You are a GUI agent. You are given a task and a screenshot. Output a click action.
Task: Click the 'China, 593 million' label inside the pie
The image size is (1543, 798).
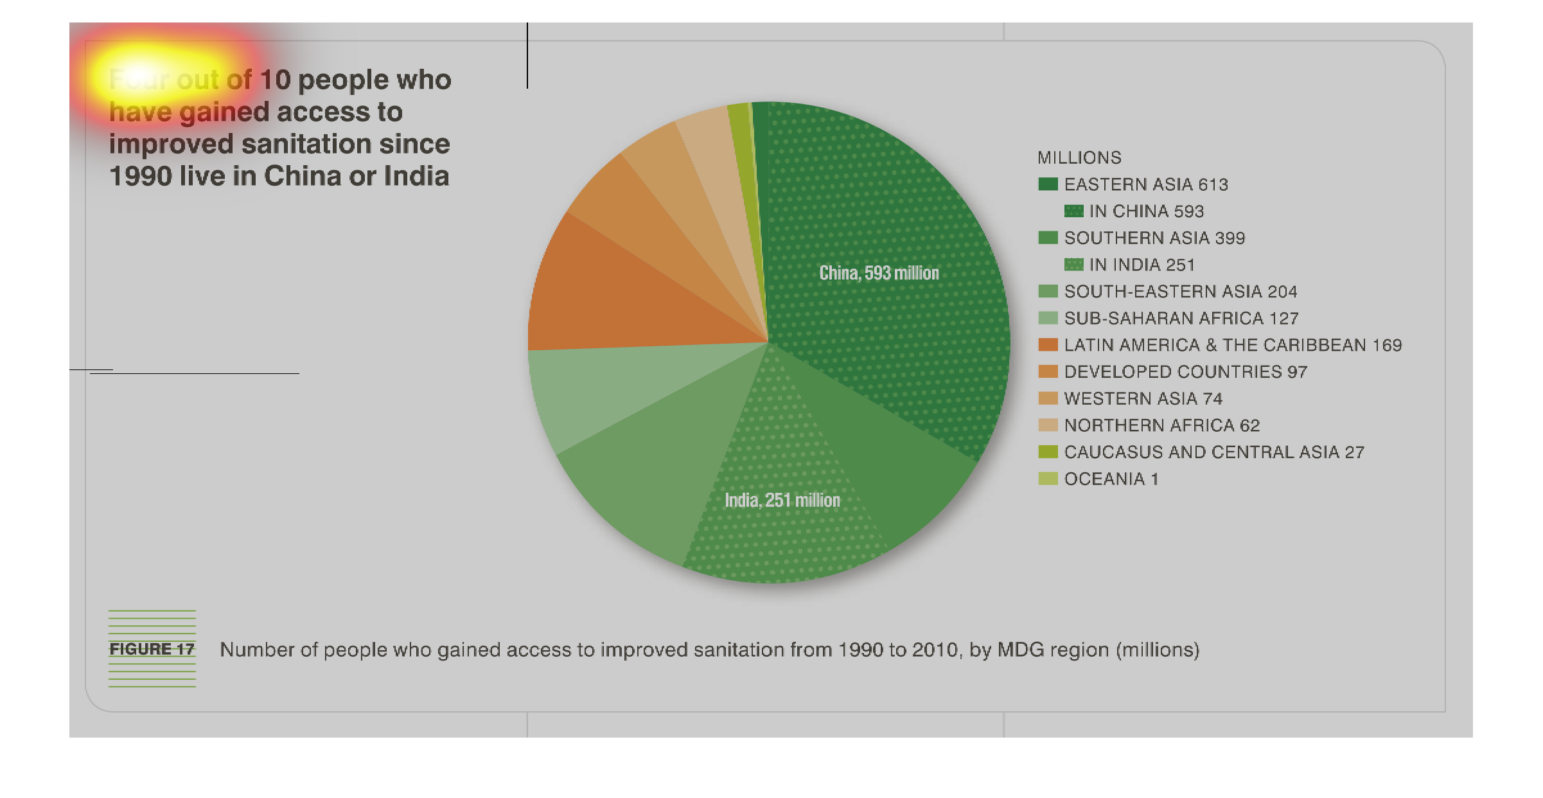[879, 273]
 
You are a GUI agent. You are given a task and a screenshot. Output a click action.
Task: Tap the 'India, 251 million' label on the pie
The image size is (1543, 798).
[782, 500]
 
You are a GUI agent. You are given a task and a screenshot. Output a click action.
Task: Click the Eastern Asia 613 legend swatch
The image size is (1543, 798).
[1048, 184]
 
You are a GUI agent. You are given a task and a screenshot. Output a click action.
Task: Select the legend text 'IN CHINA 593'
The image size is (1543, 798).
[1146, 211]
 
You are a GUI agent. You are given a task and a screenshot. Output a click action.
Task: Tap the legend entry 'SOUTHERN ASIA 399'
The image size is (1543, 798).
[1154, 238]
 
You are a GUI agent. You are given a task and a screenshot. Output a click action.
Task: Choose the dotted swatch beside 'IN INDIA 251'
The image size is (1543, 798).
[1073, 265]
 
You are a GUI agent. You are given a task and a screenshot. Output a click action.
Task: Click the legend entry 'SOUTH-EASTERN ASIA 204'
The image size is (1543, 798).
[1180, 292]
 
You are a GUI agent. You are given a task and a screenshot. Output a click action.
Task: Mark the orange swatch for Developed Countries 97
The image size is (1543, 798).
[1048, 371]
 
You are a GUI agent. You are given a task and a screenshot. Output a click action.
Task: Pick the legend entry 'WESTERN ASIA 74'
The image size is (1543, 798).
[1143, 398]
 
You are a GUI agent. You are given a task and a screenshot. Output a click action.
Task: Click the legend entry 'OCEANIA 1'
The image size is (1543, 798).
[1111, 479]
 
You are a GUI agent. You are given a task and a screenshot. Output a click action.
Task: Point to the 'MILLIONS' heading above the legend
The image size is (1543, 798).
[1079, 157]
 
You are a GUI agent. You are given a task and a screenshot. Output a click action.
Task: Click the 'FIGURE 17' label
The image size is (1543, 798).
[152, 649]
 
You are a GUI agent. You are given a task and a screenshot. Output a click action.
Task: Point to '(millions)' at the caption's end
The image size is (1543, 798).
[1158, 650]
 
